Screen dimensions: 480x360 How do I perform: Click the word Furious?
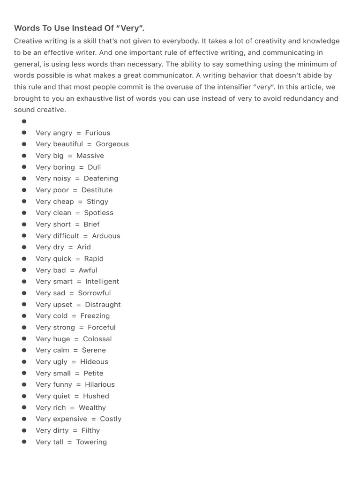pos(97,133)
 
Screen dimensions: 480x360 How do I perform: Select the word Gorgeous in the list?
pos(112,144)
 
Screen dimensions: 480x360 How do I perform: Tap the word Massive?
pos(90,156)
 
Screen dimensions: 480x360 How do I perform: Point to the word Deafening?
pos(101,178)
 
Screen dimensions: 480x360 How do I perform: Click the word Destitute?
pos(97,190)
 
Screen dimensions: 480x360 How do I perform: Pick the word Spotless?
pos(98,212)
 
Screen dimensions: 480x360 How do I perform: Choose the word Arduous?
pos(106,236)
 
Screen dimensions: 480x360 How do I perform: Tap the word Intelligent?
pos(102,281)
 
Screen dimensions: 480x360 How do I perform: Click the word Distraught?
pos(103,304)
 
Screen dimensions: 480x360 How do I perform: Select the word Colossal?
pos(97,339)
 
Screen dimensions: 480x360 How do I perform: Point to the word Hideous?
pos(94,361)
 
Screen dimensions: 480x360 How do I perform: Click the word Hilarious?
pos(99,384)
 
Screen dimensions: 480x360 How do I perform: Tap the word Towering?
pos(91,442)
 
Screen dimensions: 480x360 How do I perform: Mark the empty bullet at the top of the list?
pos(24,121)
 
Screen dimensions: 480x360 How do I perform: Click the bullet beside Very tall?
pos(24,442)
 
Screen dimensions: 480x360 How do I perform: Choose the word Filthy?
pos(90,430)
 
